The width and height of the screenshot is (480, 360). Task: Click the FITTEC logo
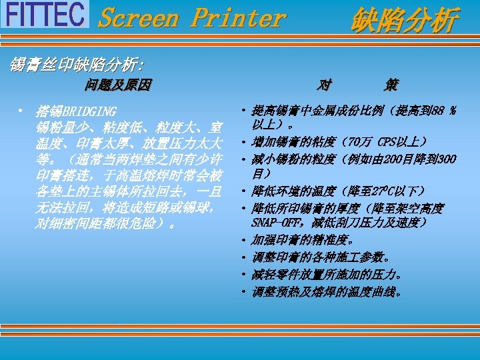tap(45, 15)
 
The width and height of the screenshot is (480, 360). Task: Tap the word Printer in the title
tap(237, 18)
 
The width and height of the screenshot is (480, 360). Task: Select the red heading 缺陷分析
tap(405, 19)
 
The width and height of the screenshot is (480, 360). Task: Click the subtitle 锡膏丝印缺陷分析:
tap(76, 65)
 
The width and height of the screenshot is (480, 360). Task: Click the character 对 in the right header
tap(324, 85)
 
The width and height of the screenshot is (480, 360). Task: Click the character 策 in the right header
tap(391, 85)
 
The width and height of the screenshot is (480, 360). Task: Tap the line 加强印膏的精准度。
tap(303, 239)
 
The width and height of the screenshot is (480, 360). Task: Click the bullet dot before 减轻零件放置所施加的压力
tap(245, 274)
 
